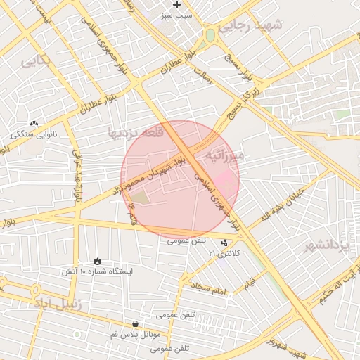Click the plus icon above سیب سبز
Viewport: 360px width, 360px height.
tap(176, 5)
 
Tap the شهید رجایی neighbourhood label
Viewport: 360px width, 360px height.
tap(250, 25)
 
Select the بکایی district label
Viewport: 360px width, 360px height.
tap(36, 60)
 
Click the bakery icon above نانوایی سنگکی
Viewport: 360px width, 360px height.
tap(34, 123)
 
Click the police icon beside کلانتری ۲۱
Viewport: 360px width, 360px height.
tap(224, 243)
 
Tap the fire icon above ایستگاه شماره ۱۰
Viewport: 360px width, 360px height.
tap(96, 261)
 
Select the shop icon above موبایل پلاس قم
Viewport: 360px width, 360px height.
tap(135, 324)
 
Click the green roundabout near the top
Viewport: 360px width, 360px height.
tap(210, 35)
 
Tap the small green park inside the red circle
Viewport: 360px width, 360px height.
tap(141, 199)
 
